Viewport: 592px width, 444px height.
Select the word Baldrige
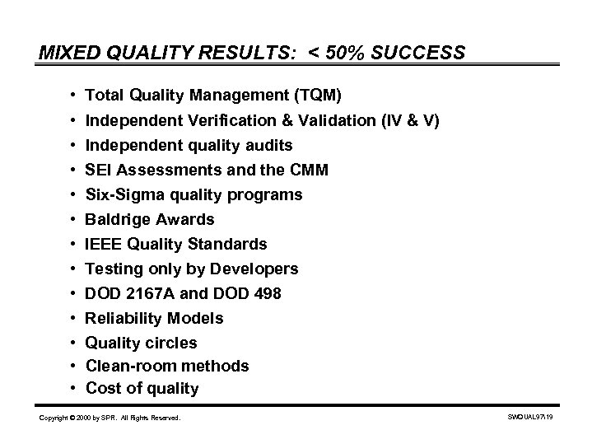point(117,220)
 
